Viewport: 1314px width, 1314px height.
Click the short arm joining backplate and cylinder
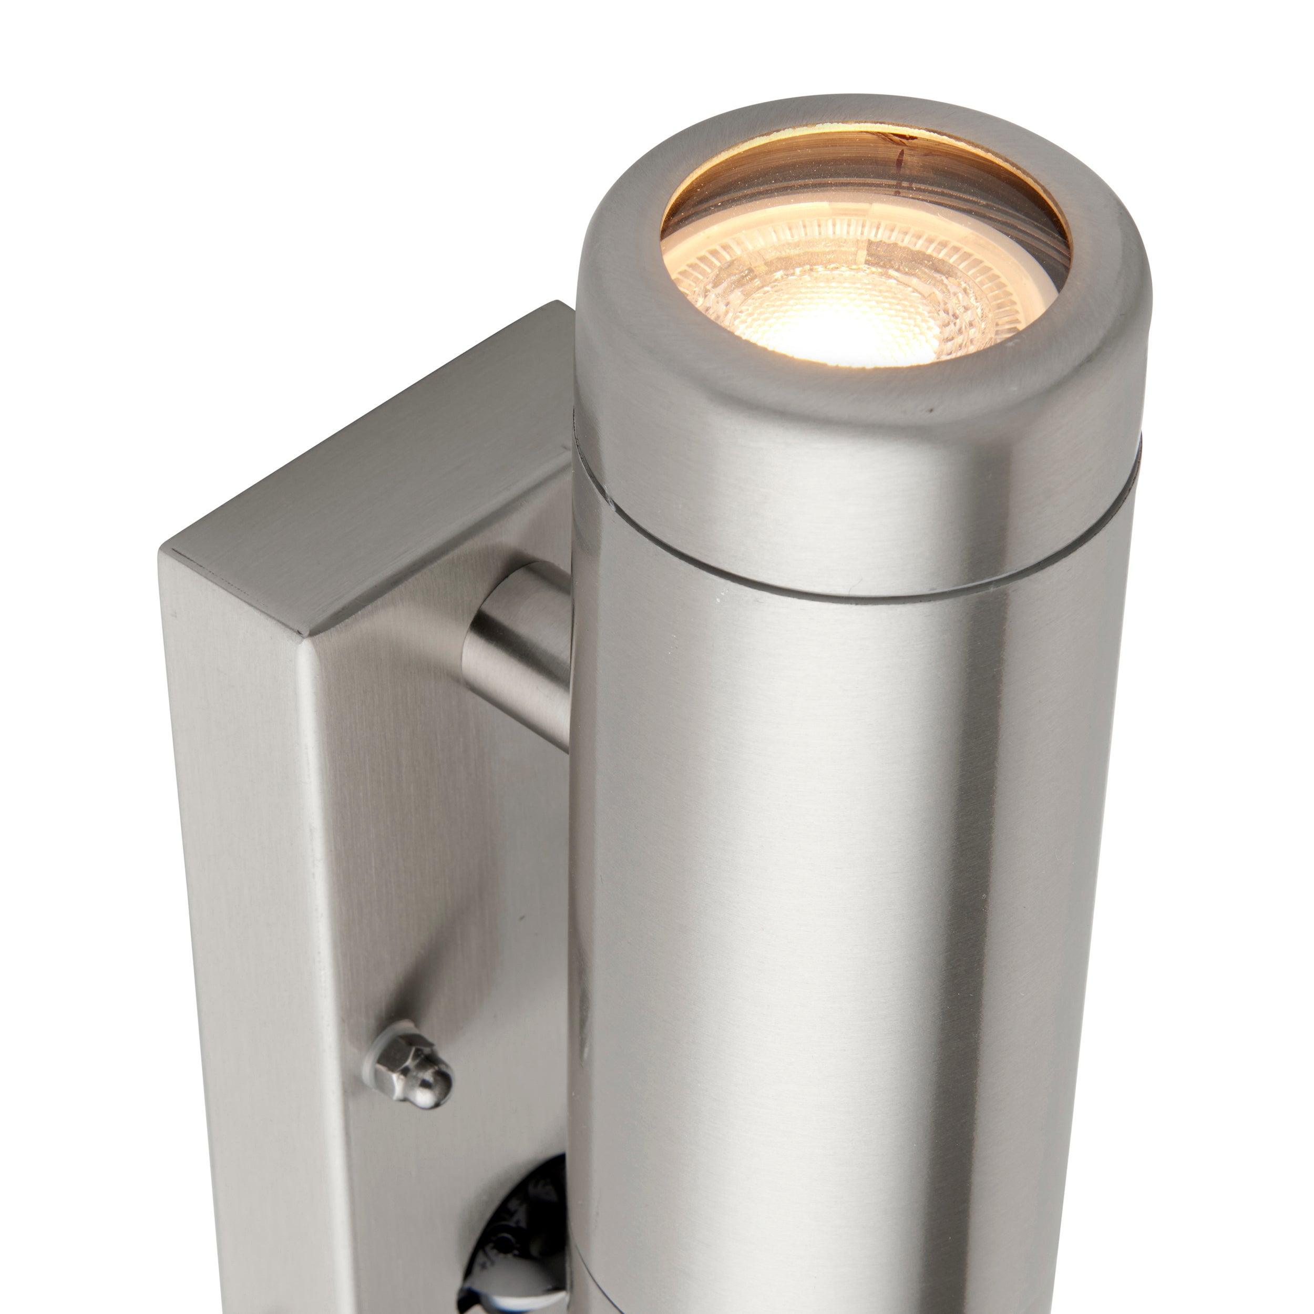(517, 639)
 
